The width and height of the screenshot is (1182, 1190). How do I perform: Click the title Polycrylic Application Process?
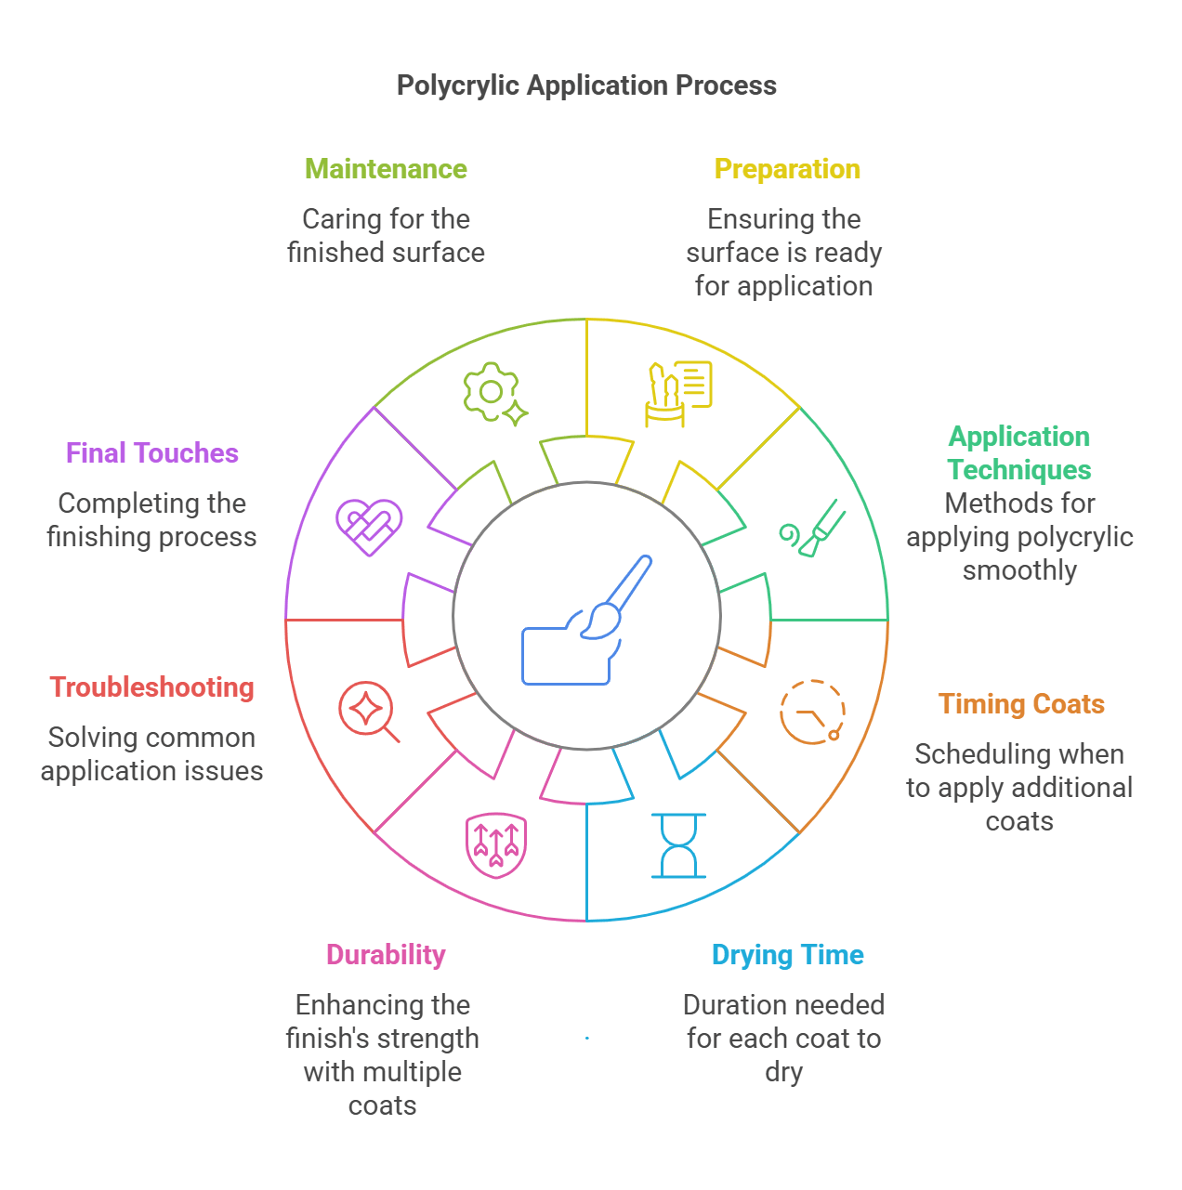pos(586,85)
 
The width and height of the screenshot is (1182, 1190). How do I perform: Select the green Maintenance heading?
pos(386,169)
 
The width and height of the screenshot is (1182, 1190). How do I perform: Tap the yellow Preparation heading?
pos(787,169)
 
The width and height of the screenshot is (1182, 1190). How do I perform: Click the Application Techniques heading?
pos(1019,452)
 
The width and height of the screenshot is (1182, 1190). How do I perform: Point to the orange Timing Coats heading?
pos(1021,704)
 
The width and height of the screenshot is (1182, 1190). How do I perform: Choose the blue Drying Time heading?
pos(787,955)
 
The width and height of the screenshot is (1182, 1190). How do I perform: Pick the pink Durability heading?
pos(386,955)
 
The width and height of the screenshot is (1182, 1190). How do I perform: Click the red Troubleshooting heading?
pos(152,687)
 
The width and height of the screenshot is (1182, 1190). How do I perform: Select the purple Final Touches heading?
pos(152,453)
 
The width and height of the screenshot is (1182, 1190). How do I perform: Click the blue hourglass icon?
pos(679,845)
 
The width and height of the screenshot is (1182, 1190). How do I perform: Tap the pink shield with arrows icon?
pos(496,845)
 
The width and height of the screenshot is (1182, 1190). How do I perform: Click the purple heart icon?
pos(369,528)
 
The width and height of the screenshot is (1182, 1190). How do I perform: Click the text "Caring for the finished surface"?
pos(386,236)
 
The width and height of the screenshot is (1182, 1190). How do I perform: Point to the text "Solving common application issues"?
pos(152,754)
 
